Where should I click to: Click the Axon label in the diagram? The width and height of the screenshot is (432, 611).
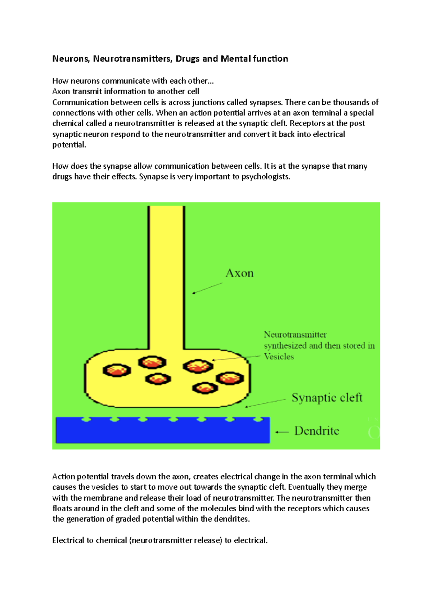[x=239, y=273]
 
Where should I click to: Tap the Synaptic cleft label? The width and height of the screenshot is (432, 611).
[x=327, y=398]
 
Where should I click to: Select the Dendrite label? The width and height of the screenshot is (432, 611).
[x=316, y=431]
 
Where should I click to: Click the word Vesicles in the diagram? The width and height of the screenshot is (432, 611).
[x=279, y=357]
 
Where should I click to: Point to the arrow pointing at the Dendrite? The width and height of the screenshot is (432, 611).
[x=282, y=432]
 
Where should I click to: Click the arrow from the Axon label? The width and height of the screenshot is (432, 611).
[x=207, y=288]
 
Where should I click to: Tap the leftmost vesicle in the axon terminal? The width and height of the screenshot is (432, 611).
[x=117, y=370]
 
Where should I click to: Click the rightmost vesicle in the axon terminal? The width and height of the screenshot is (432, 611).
[x=230, y=378]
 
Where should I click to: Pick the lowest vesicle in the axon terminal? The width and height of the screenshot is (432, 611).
[x=205, y=388]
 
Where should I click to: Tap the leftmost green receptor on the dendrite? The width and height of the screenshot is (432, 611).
[x=86, y=420]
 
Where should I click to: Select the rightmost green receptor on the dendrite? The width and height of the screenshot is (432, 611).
[x=258, y=420]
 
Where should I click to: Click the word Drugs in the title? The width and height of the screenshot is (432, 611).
[x=188, y=59]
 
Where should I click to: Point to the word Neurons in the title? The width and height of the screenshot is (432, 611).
[x=71, y=59]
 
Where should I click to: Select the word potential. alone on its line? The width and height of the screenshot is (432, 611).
[x=69, y=145]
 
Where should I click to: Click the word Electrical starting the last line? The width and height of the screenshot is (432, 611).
[x=68, y=540]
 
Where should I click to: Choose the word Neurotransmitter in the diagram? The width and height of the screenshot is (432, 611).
[x=295, y=335]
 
